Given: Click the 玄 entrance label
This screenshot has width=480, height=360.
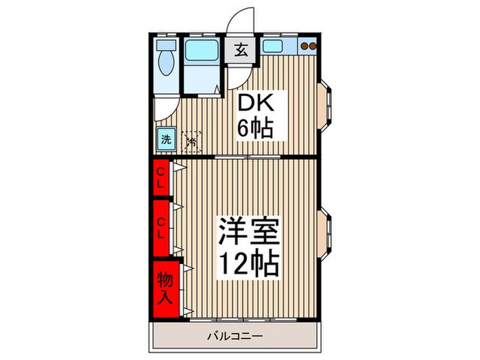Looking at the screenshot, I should tap(242, 50).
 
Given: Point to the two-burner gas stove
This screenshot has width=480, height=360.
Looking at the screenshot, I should tap(310, 47).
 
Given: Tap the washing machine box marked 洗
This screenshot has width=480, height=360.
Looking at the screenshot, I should tap(165, 140).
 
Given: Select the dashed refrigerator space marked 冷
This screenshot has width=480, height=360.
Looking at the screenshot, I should tap(191, 141).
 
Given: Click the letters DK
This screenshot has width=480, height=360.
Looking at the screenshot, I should tap(256, 104).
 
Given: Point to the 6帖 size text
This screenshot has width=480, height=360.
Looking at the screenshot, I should tap(256, 128).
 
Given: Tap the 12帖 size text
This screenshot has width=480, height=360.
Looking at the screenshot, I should tap(248, 263).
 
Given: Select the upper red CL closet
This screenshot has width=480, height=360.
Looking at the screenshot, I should tap(160, 178).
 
